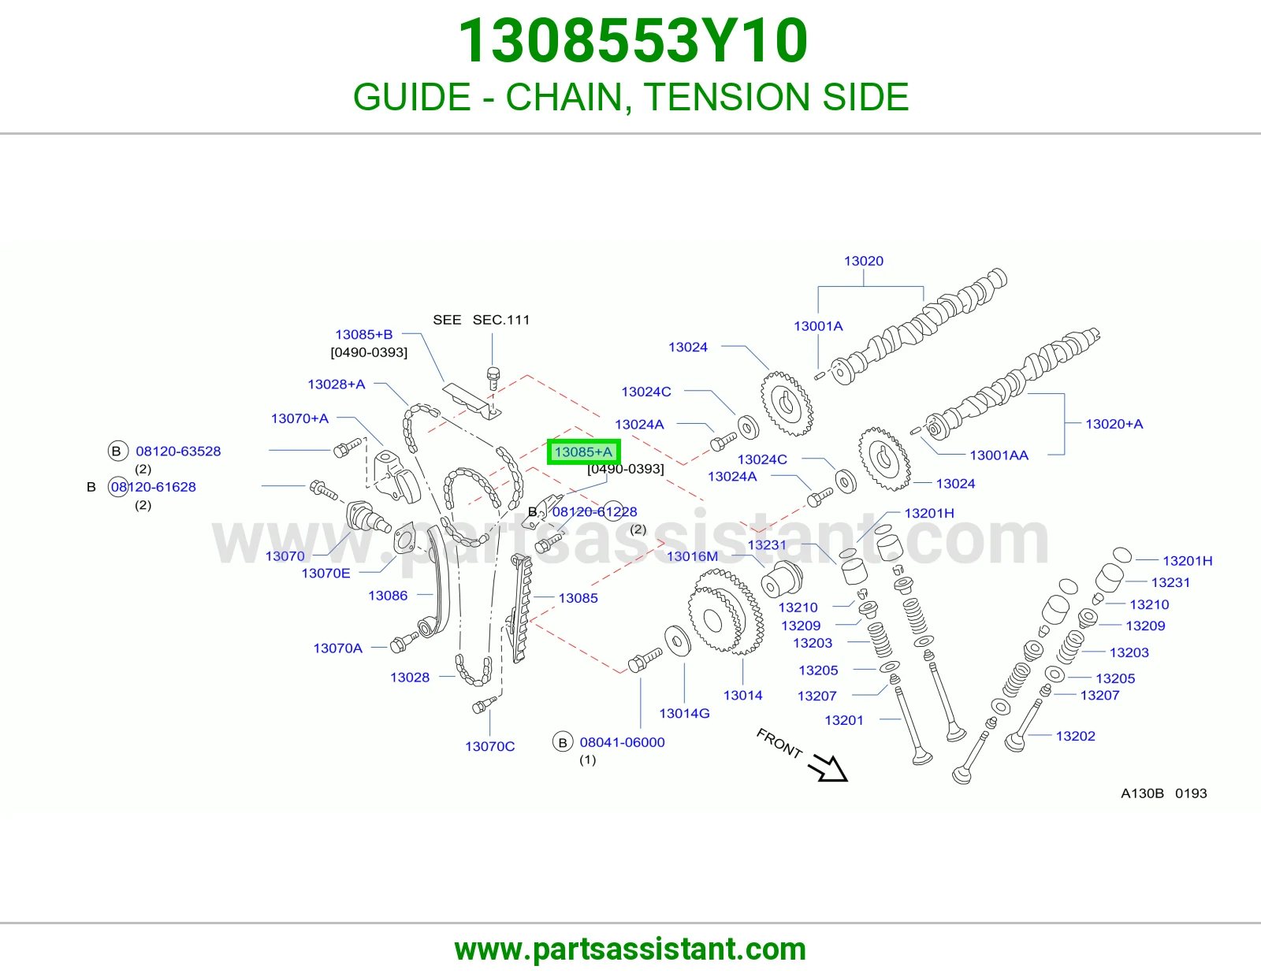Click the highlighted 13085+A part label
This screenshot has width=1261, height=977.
tap(583, 452)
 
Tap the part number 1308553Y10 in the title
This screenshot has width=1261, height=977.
tap(633, 40)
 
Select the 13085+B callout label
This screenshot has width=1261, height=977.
tap(364, 334)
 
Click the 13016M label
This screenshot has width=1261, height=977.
tap(692, 556)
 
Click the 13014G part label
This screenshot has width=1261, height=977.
tap(684, 713)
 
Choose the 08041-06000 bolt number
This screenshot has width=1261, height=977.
tap(622, 742)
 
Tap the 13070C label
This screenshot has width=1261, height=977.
tap(489, 746)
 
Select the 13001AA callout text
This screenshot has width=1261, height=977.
tap(999, 455)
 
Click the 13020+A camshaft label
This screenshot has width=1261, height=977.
tap(1114, 424)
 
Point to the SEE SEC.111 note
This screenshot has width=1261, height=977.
tap(481, 320)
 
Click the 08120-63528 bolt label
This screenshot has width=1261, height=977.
tap(178, 451)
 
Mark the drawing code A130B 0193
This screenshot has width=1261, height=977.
tap(1163, 793)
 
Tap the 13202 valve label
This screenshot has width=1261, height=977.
tap(1075, 736)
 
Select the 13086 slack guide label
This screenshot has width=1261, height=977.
tap(388, 595)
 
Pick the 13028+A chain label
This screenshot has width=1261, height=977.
tap(336, 384)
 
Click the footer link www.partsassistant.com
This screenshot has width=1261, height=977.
tap(630, 949)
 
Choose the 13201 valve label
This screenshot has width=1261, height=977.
tap(844, 720)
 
